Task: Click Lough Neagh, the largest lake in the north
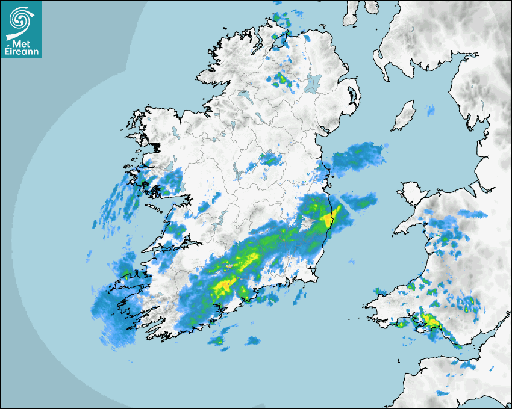(x=313, y=82)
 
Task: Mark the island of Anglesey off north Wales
(x=410, y=192)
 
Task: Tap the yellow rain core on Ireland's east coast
(x=329, y=218)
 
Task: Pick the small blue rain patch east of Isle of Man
(x=431, y=110)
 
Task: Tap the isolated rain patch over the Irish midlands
(x=269, y=159)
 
